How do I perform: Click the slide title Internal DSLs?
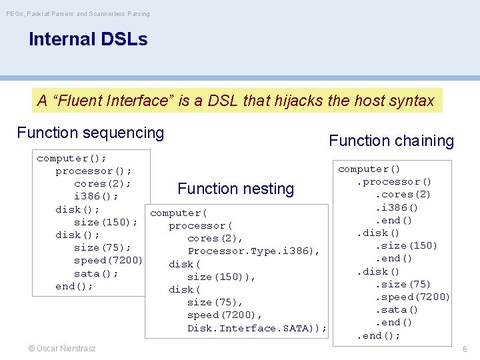[x=88, y=39]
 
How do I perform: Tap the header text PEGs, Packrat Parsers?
[x=77, y=13]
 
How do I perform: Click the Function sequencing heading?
[x=90, y=133]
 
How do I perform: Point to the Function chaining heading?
[x=391, y=141]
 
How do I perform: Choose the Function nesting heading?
[x=235, y=189]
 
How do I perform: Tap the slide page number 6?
[x=465, y=349]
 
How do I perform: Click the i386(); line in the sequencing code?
[x=96, y=196]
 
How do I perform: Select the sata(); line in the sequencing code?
[x=96, y=273]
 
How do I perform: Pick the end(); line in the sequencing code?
[x=74, y=286]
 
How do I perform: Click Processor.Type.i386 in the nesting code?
[x=253, y=251]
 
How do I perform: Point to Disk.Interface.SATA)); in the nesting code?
[x=257, y=328]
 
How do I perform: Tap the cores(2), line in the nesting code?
[x=215, y=238]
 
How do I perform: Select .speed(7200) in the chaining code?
[x=413, y=297]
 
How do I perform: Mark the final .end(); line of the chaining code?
[x=379, y=335]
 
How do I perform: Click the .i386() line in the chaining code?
[x=397, y=207]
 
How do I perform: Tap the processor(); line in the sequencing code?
[x=93, y=171]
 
